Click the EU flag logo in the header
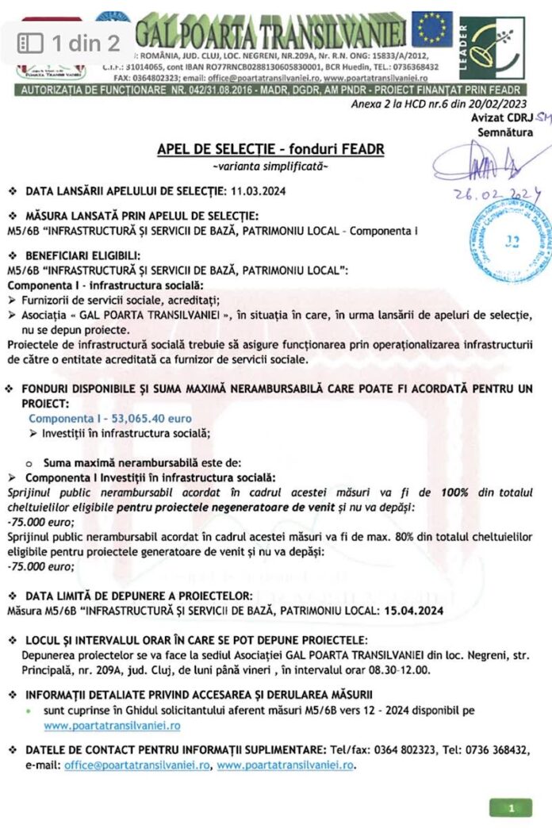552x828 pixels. tap(431, 29)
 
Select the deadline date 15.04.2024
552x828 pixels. tap(407, 611)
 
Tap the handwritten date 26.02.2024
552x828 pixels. tap(497, 194)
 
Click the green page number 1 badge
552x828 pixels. tap(511, 808)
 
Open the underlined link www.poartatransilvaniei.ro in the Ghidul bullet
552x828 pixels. tap(112, 725)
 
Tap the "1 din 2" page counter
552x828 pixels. tap(70, 43)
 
